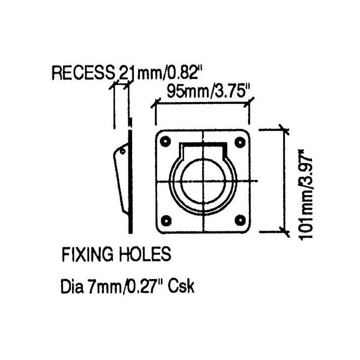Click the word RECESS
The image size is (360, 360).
click(x=83, y=73)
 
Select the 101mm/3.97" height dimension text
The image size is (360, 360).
click(x=306, y=195)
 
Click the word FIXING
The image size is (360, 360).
click(x=87, y=254)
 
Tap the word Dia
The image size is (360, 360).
click(x=71, y=286)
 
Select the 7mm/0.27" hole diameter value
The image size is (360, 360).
click(x=124, y=286)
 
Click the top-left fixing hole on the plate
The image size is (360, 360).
click(x=165, y=141)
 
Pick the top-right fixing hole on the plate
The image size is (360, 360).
click(x=240, y=142)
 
